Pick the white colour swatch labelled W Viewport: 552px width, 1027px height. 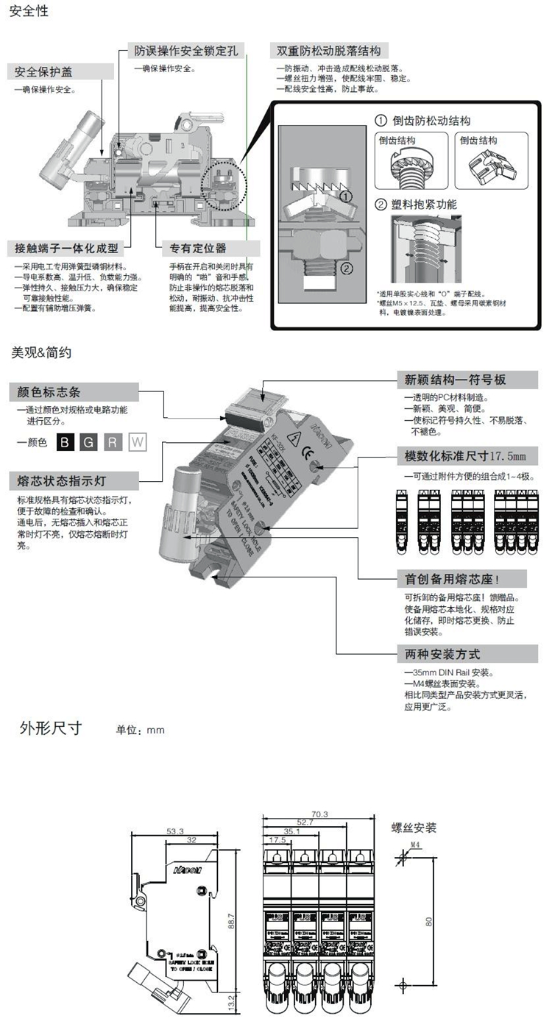[137, 442]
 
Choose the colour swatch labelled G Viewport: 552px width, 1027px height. [89, 442]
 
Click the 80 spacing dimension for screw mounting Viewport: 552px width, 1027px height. [429, 919]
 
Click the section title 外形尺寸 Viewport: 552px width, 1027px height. [51, 729]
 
